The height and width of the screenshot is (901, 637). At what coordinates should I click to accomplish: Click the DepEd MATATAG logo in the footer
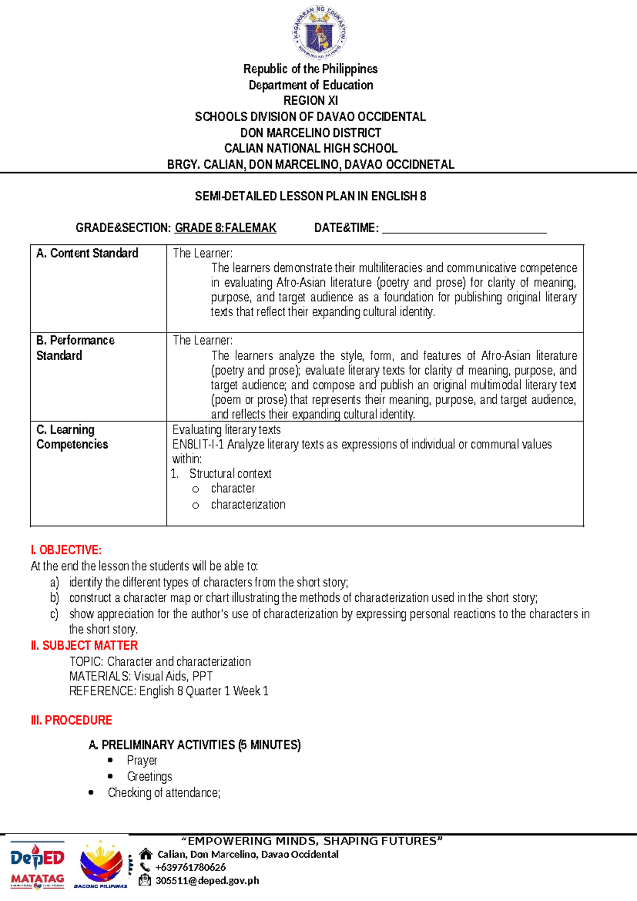click(x=37, y=866)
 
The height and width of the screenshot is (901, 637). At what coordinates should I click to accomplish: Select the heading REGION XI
click(x=311, y=100)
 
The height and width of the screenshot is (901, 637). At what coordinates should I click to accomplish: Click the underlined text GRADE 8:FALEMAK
click(x=226, y=228)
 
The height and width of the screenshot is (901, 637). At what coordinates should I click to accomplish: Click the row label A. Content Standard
click(x=87, y=253)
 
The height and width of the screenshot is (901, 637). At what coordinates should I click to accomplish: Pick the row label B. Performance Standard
click(x=75, y=348)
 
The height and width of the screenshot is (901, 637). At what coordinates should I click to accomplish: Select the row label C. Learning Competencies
click(x=72, y=437)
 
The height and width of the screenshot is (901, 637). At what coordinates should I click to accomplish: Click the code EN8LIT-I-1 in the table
click(x=198, y=445)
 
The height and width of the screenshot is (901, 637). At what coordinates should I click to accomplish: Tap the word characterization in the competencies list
click(x=248, y=505)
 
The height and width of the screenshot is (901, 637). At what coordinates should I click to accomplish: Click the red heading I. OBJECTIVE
click(x=66, y=550)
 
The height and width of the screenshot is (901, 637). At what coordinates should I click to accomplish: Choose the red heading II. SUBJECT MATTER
click(x=84, y=645)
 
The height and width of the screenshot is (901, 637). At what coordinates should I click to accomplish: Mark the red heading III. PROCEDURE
click(x=72, y=720)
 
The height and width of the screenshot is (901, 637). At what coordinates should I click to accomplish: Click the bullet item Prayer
click(x=142, y=761)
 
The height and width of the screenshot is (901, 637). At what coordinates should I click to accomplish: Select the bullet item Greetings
click(x=149, y=777)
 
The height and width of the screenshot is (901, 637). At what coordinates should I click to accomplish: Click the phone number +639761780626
click(x=191, y=868)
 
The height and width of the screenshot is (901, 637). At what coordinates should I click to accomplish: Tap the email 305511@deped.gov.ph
click(x=208, y=881)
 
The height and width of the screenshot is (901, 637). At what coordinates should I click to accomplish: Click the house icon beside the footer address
click(x=145, y=854)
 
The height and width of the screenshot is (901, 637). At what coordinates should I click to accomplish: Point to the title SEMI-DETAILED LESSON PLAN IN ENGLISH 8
click(x=311, y=197)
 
